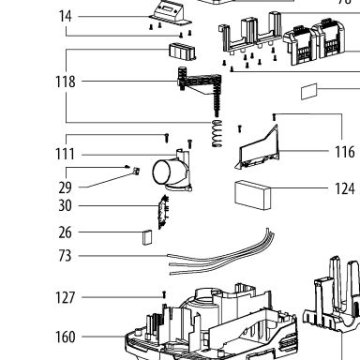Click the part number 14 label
pyautogui.click(x=66, y=16)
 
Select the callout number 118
pyautogui.click(x=66, y=82)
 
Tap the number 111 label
pyautogui.click(x=65, y=154)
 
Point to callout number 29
pyautogui.click(x=66, y=187)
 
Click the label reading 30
pyautogui.click(x=66, y=205)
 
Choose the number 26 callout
pyautogui.click(x=66, y=232)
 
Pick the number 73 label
pyautogui.click(x=66, y=256)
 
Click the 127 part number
pyautogui.click(x=66, y=297)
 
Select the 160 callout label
pyautogui.click(x=66, y=337)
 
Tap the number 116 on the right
pyautogui.click(x=345, y=152)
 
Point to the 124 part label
pyautogui.click(x=345, y=188)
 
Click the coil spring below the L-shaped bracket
pyautogui.click(x=217, y=133)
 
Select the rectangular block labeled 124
pyautogui.click(x=253, y=195)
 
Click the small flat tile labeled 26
pyautogui.click(x=147, y=237)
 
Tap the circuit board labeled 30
pyautogui.click(x=164, y=212)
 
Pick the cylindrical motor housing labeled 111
pyautogui.click(x=172, y=171)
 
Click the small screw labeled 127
pyautogui.click(x=164, y=294)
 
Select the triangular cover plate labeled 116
pyautogui.click(x=258, y=148)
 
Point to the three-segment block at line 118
pyautogui.click(x=183, y=52)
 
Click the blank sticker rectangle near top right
pyautogui.click(x=309, y=91)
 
